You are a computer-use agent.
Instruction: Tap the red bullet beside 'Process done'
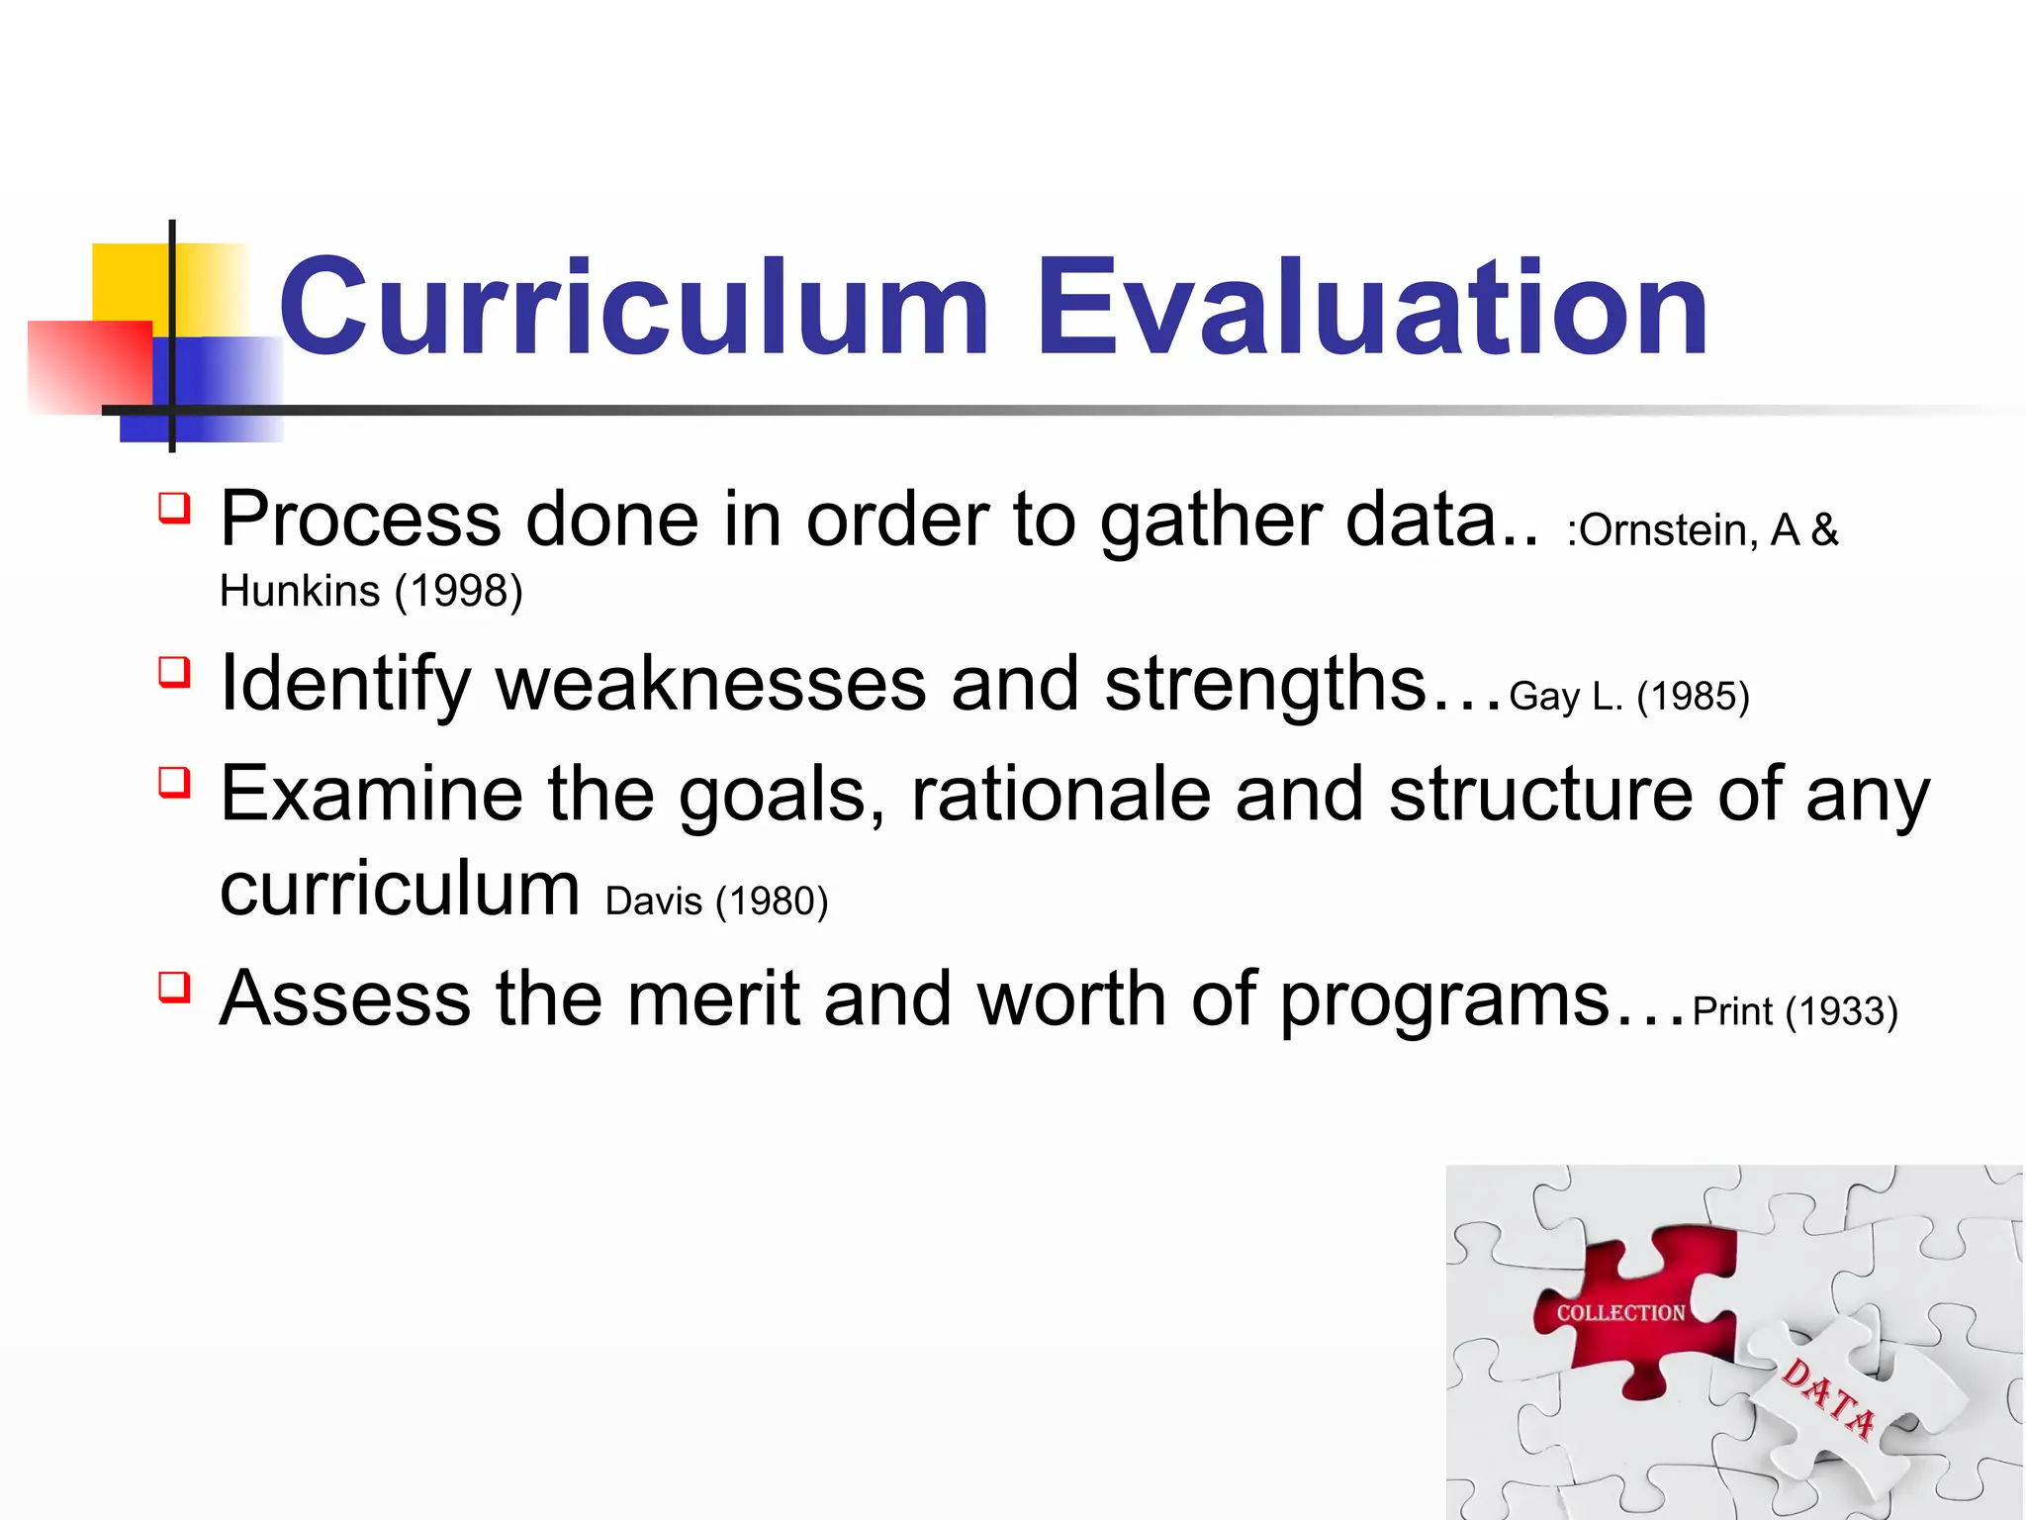tap(174, 508)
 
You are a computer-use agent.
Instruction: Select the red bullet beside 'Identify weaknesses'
tap(174, 673)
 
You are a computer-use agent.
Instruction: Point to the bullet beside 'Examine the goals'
tap(174, 783)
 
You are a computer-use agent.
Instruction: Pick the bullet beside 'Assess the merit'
tap(174, 987)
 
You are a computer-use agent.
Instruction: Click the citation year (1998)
tap(458, 592)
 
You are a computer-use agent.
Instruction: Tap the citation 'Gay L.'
tap(1566, 697)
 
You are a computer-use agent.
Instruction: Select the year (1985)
tap(1693, 697)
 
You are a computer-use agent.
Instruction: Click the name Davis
tap(653, 902)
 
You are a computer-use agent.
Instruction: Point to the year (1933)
tap(1841, 1011)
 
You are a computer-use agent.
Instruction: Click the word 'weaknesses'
tap(710, 685)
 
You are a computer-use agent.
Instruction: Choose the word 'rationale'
tap(1060, 795)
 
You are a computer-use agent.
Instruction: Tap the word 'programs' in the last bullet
tap(1444, 1001)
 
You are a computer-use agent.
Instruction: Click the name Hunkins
tap(300, 592)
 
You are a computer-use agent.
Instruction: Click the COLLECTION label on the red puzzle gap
tap(1620, 1313)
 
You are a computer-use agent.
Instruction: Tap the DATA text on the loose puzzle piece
tap(1828, 1399)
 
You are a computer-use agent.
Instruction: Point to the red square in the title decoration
tap(89, 366)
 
